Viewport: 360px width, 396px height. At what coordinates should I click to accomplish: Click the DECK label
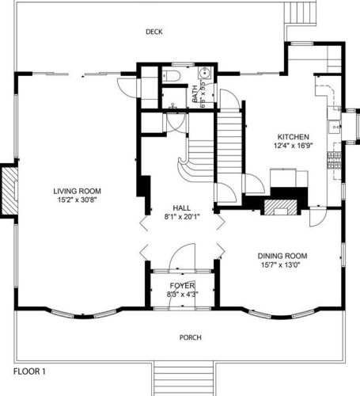154,32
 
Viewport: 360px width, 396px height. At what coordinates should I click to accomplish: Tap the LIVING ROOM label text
77,191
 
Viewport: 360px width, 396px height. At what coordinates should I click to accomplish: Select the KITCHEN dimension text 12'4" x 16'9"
293,146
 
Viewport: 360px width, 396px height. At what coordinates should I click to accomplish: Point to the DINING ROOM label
282,256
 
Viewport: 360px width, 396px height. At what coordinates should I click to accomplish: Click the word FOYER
182,286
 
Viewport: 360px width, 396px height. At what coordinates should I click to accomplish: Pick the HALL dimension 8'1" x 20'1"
182,217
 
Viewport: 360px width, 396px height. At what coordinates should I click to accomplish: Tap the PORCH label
191,337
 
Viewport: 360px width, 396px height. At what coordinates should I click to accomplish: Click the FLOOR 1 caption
29,371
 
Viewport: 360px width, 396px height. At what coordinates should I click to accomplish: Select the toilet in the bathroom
171,76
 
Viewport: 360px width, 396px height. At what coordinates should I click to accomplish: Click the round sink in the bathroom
204,73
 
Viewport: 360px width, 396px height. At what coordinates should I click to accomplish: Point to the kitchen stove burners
335,160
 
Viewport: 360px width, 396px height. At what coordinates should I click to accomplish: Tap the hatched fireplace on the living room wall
9,191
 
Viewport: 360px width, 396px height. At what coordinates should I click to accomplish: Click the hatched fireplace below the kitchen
281,208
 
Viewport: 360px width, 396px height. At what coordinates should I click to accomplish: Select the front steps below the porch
184,379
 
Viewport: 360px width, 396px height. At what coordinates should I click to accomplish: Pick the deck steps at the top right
300,13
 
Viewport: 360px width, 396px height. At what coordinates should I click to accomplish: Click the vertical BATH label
195,93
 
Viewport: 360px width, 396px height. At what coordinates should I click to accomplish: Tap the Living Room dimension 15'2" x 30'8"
78,200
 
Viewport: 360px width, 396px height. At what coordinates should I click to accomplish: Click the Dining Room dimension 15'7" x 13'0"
281,265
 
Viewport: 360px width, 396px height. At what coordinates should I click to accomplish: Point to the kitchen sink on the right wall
335,127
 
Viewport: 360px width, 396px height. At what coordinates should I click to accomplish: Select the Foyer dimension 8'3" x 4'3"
183,294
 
